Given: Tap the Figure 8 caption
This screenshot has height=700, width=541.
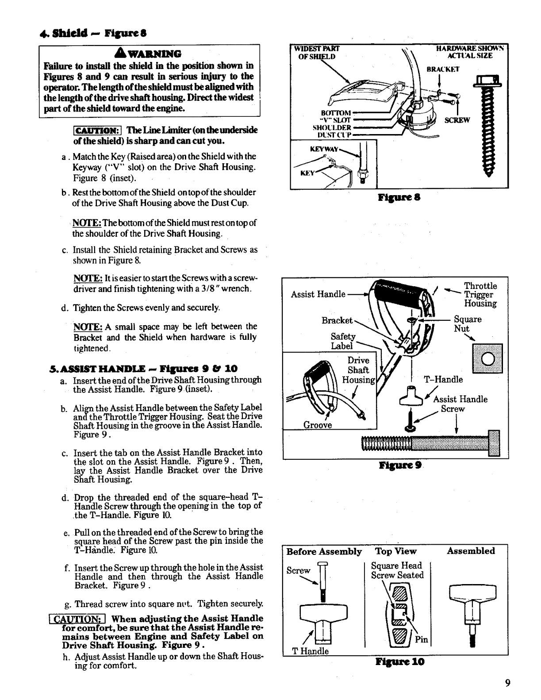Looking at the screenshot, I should [x=399, y=197].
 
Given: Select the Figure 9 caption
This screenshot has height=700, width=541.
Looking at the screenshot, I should [x=400, y=465].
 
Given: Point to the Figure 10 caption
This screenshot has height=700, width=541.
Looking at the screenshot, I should [x=400, y=662].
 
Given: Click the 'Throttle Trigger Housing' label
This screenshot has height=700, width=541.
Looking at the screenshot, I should [x=480, y=294].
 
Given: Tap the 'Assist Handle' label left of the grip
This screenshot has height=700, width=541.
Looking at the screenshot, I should [x=318, y=294].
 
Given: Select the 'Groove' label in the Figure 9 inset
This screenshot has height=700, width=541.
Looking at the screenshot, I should [x=318, y=425].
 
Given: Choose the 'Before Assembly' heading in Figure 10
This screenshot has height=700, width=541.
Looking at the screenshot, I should [x=324, y=551].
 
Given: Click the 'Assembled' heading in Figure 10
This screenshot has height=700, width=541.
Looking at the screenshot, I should [x=470, y=551].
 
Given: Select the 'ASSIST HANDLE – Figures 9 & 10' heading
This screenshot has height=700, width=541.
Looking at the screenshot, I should [x=144, y=369].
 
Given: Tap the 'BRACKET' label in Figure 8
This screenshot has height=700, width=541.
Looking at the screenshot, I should [x=443, y=69].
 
